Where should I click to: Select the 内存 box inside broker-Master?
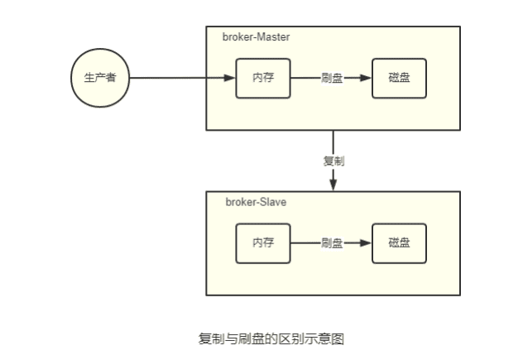[x=263, y=79]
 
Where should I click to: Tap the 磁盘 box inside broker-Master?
[x=399, y=79]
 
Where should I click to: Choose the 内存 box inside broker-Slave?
[x=263, y=243]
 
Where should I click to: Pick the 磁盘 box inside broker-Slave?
[x=399, y=243]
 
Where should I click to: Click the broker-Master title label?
[x=256, y=38]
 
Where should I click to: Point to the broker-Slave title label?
[x=256, y=202]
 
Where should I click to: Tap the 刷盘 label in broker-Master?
[x=332, y=79]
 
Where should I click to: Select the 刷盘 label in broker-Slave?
[x=332, y=243]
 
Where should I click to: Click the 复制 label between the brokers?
[x=333, y=161]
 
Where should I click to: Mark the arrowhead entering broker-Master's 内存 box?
[x=231, y=79]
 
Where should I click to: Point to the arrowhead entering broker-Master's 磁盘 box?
[x=367, y=79]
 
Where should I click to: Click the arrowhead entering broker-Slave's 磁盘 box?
[x=367, y=243]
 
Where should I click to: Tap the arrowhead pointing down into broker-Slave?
[x=333, y=185]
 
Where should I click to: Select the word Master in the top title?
[x=273, y=38]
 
